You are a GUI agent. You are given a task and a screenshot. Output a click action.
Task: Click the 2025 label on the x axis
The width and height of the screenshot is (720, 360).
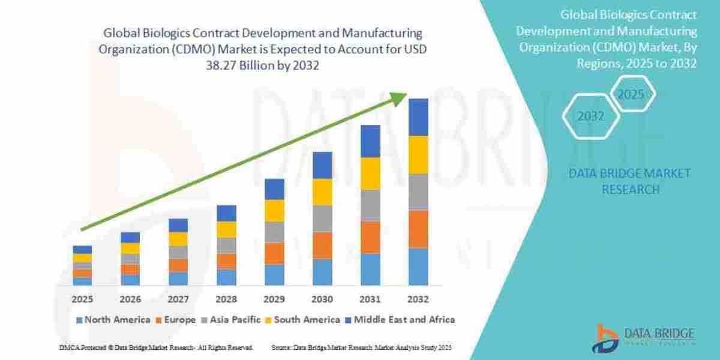[82, 299]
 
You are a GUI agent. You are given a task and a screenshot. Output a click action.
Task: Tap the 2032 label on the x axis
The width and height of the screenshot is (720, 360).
[418, 299]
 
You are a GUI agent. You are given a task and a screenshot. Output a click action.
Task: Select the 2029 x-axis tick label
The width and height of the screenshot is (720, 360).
[274, 299]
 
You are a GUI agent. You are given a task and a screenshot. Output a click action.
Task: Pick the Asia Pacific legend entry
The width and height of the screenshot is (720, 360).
[233, 320]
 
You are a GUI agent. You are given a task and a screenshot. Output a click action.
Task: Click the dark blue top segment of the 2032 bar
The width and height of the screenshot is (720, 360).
[418, 117]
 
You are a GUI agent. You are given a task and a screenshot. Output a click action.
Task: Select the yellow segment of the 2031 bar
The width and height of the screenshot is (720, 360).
[370, 173]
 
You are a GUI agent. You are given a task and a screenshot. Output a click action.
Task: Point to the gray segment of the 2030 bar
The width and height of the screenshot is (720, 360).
[322, 218]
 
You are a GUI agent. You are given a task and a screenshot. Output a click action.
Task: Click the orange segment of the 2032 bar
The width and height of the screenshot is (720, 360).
[418, 229]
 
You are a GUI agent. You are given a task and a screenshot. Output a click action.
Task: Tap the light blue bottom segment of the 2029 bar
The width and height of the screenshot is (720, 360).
[274, 275]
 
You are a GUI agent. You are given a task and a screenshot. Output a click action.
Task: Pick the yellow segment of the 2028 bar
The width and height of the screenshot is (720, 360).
[226, 229]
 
